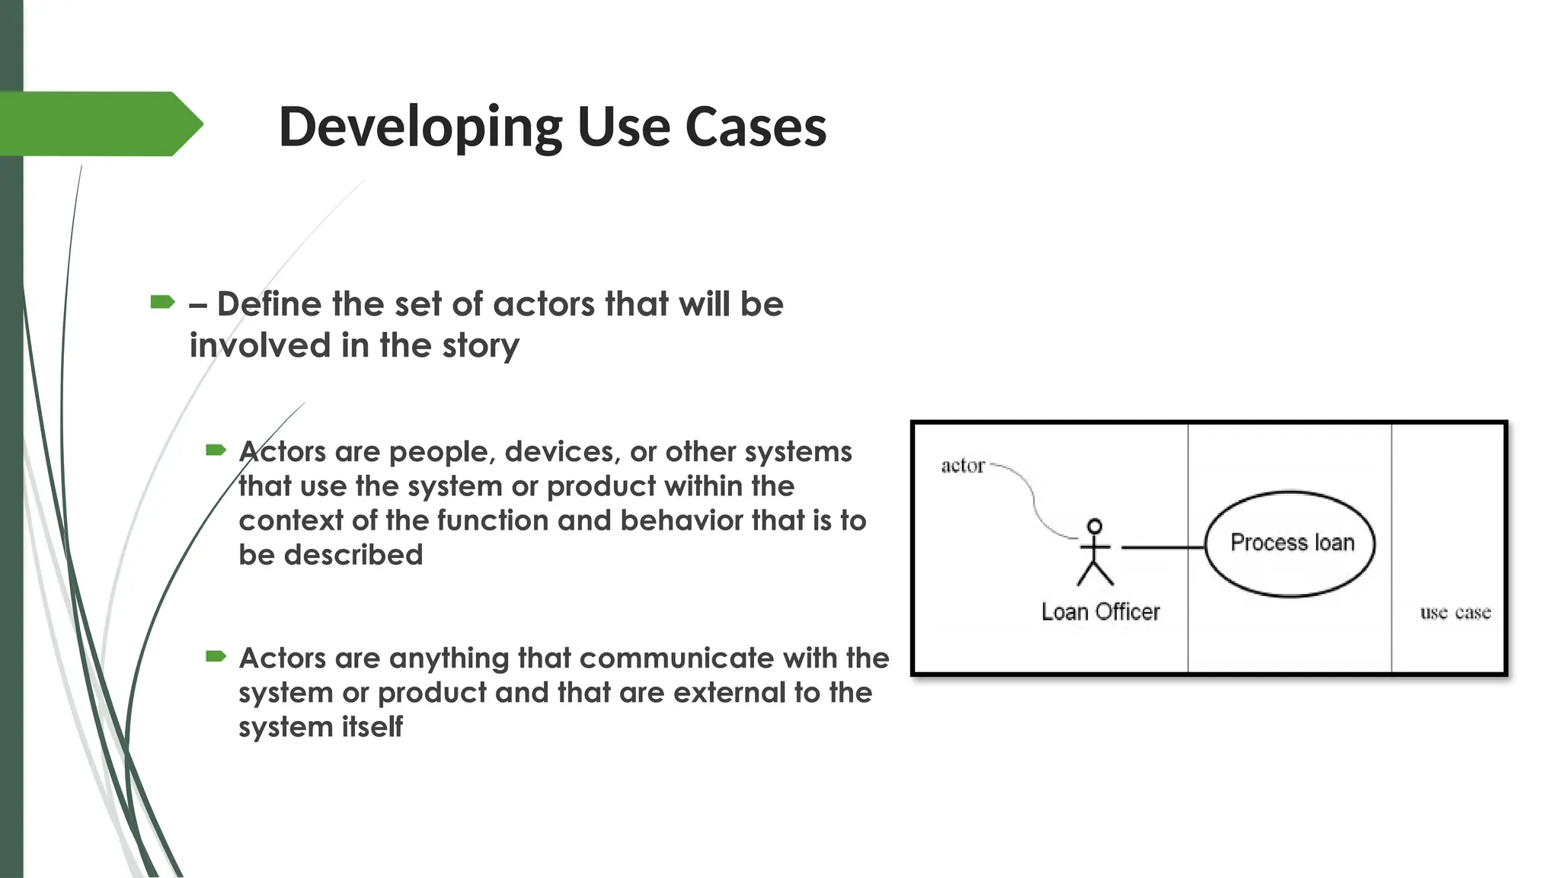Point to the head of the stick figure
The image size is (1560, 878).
[1095, 526]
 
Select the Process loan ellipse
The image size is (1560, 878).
[1290, 543]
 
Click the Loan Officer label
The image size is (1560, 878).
[1100, 612]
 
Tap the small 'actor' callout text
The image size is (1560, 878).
[963, 466]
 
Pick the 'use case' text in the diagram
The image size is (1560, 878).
[1455, 613]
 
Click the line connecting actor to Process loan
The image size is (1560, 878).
[1162, 547]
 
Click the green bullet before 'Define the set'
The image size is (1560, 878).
[162, 303]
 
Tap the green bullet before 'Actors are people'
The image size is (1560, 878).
[216, 450]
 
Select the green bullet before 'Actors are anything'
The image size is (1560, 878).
[216, 656]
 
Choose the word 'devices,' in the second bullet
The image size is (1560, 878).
[562, 452]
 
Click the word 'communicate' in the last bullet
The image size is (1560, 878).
[581, 658]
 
